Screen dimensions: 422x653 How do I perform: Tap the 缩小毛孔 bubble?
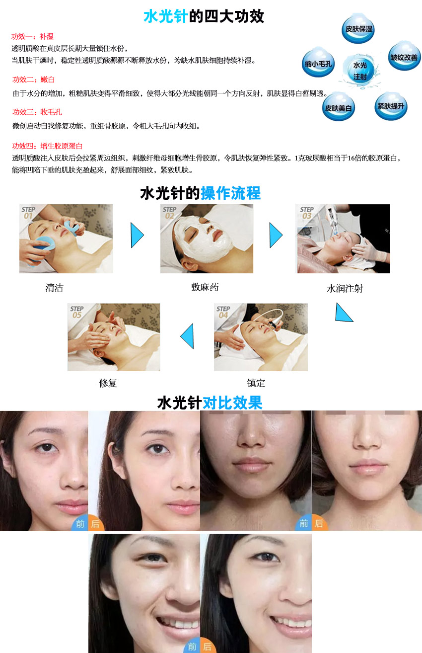[318, 63]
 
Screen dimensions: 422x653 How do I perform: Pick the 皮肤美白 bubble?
[339, 107]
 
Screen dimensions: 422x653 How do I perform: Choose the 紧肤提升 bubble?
[391, 106]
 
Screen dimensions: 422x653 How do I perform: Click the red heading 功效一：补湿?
[33, 36]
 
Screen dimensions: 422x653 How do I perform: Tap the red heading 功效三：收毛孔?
[37, 112]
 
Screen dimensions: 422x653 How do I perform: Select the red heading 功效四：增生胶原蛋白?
[47, 146]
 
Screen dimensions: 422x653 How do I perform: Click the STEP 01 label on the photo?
[28, 213]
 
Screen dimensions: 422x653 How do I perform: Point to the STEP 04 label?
[223, 312]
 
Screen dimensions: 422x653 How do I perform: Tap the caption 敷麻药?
[205, 287]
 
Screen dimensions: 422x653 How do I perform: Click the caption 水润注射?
[345, 289]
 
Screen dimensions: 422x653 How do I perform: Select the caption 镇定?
[256, 383]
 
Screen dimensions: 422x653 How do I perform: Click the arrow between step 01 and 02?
[137, 235]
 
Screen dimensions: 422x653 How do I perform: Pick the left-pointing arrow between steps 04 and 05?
[187, 336]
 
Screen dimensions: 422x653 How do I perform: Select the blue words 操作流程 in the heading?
[231, 193]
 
